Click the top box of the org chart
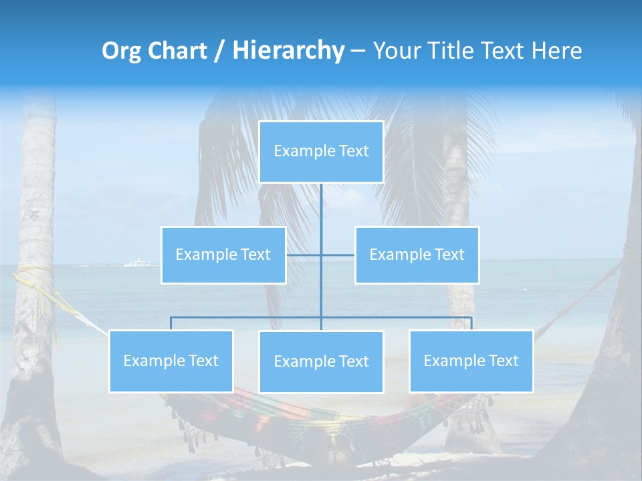tap(321, 152)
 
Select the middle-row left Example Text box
tap(223, 255)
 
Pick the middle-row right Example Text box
tap(417, 255)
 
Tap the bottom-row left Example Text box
tap(171, 361)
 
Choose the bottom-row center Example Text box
tap(321, 362)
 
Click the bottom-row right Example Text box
tap(471, 361)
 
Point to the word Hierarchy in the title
tap(288, 51)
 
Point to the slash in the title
tap(219, 51)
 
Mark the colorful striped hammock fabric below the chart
tap(281, 418)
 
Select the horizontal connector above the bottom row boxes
tap(247, 317)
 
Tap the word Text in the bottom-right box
tap(504, 361)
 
